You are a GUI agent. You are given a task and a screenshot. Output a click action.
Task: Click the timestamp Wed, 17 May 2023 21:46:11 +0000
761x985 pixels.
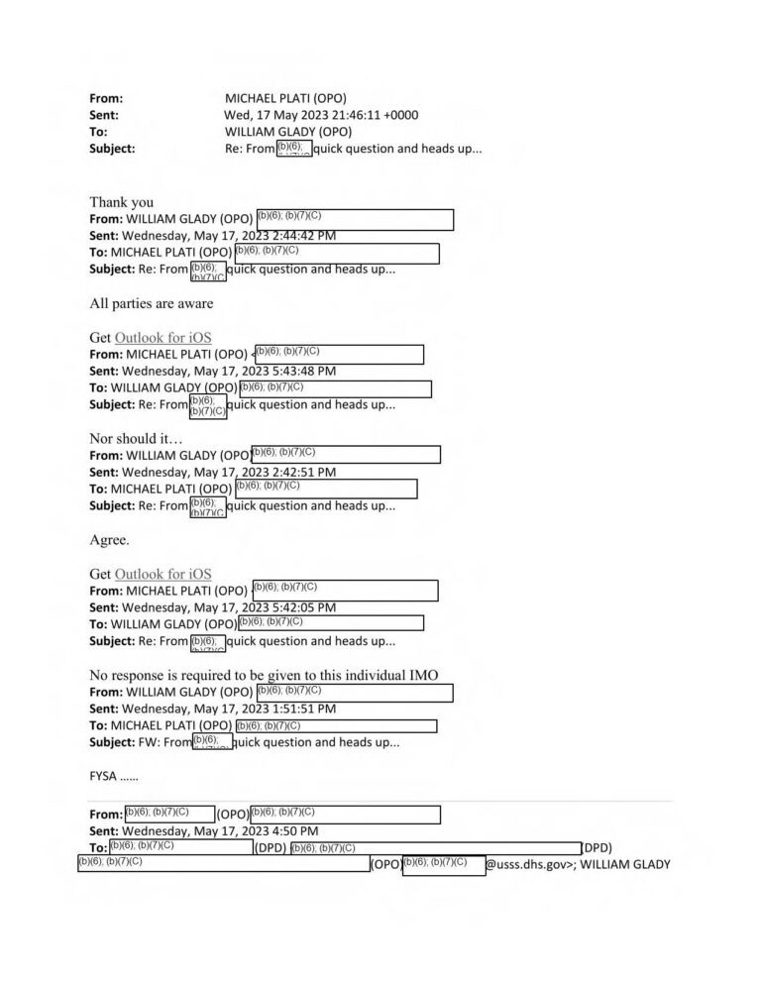pyautogui.click(x=321, y=115)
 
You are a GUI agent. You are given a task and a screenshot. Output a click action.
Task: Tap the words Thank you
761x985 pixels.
pyautogui.click(x=121, y=202)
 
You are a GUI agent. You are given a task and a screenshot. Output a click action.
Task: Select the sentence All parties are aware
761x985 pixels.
pyautogui.click(x=151, y=303)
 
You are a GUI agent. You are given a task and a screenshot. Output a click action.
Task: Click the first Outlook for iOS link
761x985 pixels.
pyautogui.click(x=163, y=338)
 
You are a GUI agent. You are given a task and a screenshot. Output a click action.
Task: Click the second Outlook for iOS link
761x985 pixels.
pyautogui.click(x=163, y=574)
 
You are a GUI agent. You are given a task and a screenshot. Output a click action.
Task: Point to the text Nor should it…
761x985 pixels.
pyautogui.click(x=137, y=438)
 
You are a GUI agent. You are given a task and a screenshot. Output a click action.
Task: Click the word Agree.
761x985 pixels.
pyautogui.click(x=109, y=540)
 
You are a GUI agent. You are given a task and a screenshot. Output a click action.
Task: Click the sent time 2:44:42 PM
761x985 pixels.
pyautogui.click(x=295, y=236)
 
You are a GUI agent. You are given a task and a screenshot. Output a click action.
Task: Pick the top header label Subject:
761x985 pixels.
pyautogui.click(x=112, y=149)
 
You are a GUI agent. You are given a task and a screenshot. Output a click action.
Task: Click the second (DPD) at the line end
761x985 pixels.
pyautogui.click(x=597, y=847)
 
